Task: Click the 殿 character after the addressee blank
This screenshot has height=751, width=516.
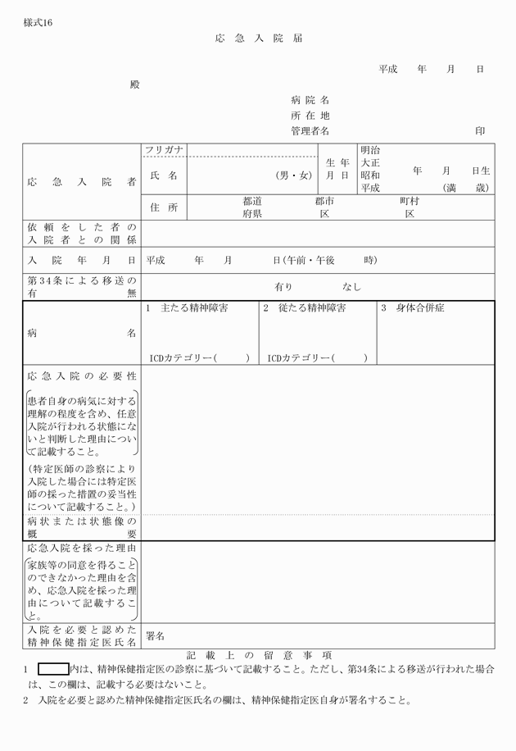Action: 134,84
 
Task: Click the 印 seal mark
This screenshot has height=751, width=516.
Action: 480,131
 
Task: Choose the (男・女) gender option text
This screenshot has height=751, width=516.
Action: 294,175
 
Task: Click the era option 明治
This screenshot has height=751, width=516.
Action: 370,151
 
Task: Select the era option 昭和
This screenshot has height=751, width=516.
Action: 370,175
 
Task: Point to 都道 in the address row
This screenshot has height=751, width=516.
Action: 252,201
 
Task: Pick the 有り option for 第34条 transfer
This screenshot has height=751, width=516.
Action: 283,287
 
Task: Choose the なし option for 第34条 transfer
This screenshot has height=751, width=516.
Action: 351,287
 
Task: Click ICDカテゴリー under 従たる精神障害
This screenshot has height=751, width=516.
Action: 300,358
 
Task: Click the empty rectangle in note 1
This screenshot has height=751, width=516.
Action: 53,669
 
